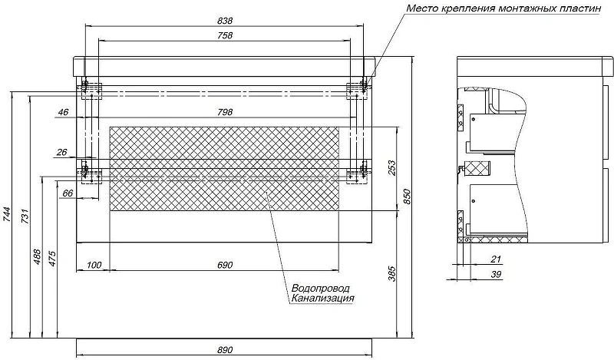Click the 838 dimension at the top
225,21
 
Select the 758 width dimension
225,35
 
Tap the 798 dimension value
225,112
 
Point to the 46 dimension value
63,112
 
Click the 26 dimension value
62,153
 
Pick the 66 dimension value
68,193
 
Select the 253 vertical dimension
391,167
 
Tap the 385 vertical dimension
391,274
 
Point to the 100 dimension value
94,265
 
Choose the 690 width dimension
225,265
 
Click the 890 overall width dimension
225,350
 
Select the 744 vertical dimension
7,215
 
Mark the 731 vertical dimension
25,216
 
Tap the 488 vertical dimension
37,257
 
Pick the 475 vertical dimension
52,259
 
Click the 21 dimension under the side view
496,259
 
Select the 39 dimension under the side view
496,275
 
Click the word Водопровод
321,289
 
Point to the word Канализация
322,299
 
